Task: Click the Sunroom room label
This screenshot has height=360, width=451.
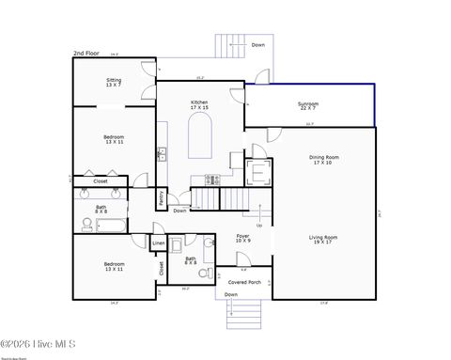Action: pos(307,105)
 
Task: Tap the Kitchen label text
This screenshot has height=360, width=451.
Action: pos(199,104)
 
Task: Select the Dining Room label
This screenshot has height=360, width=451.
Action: pos(323,160)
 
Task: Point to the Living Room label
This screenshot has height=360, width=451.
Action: pos(322,240)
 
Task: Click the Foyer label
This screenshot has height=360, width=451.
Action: pos(242,239)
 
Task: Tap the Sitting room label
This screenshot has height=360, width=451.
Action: pos(113,83)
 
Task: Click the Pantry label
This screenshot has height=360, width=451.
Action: pos(162,197)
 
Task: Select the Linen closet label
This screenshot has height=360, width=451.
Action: pos(159,244)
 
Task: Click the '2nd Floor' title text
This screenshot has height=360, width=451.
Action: pos(86,55)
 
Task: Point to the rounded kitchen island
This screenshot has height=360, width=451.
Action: pos(199,141)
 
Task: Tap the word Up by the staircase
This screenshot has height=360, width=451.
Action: pos(259,225)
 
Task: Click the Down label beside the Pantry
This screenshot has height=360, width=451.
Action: pos(179,211)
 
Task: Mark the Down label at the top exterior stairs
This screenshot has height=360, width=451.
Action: pos(257,44)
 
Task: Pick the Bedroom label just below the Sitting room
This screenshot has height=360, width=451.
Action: pos(114,139)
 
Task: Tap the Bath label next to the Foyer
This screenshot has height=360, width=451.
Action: pos(190,260)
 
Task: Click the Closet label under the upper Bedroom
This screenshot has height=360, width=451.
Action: pos(100,181)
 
